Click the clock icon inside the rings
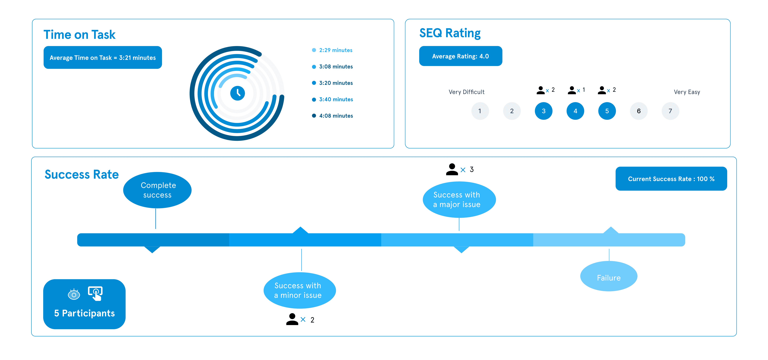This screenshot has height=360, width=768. (x=237, y=93)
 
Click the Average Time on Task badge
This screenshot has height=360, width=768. (x=103, y=57)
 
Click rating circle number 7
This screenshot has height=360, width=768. (x=670, y=111)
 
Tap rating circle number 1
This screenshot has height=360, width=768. (x=480, y=111)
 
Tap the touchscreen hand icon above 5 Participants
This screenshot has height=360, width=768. (x=95, y=293)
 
